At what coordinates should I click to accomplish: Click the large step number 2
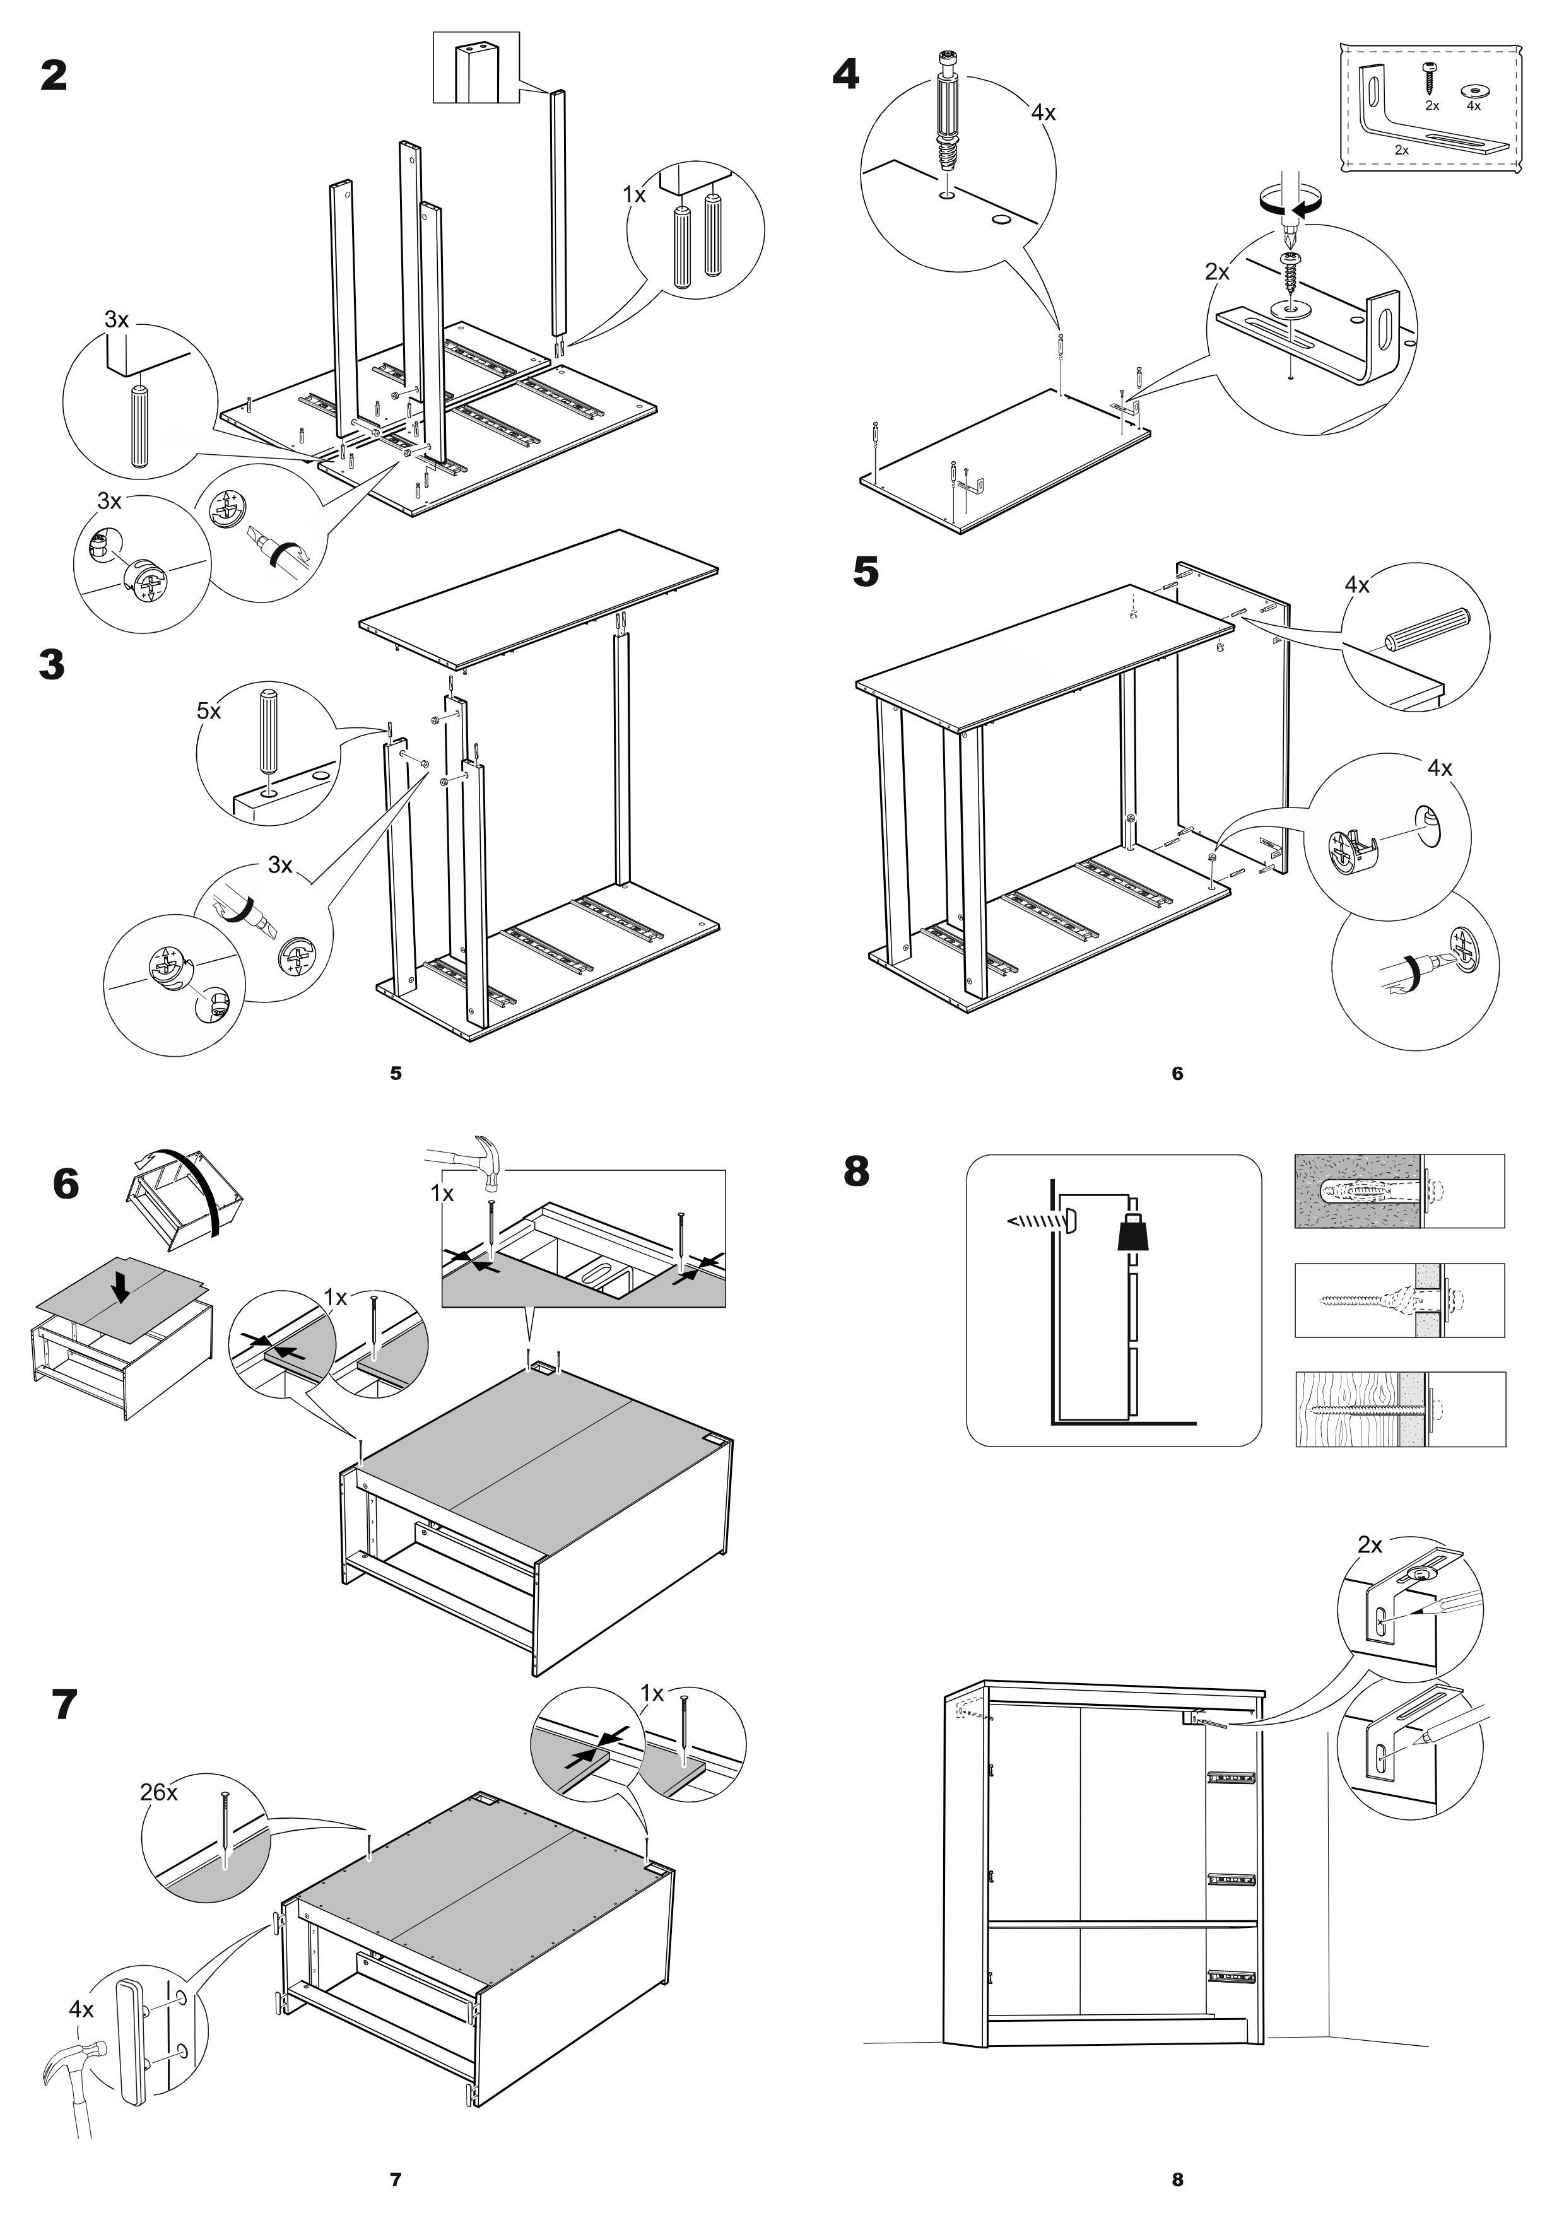[x=54, y=75]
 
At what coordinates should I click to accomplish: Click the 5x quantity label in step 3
[x=209, y=712]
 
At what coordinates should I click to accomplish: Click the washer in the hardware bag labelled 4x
[x=1473, y=89]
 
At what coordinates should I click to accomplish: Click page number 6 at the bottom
[x=1177, y=1074]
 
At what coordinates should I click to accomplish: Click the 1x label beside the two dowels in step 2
[x=634, y=196]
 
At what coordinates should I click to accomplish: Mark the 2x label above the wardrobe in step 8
[x=1369, y=1545]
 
